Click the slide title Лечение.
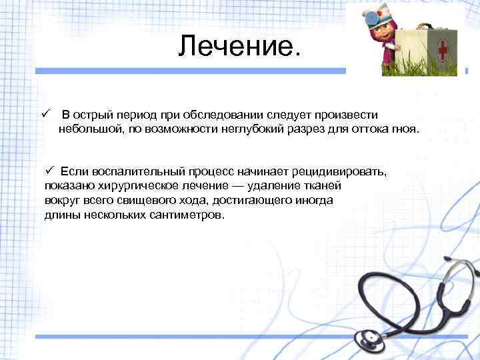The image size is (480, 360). coord(240,46)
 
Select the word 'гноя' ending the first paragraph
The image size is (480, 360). coord(403,128)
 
